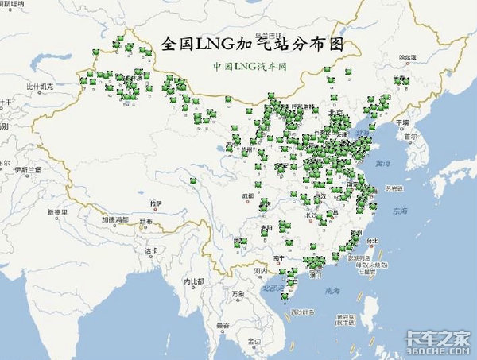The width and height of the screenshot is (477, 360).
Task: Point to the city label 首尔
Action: (409, 137)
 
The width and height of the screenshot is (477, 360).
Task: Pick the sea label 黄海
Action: (383, 163)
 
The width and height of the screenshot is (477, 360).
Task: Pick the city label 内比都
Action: (194, 282)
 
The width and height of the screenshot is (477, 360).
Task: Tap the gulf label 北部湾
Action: (272, 288)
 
